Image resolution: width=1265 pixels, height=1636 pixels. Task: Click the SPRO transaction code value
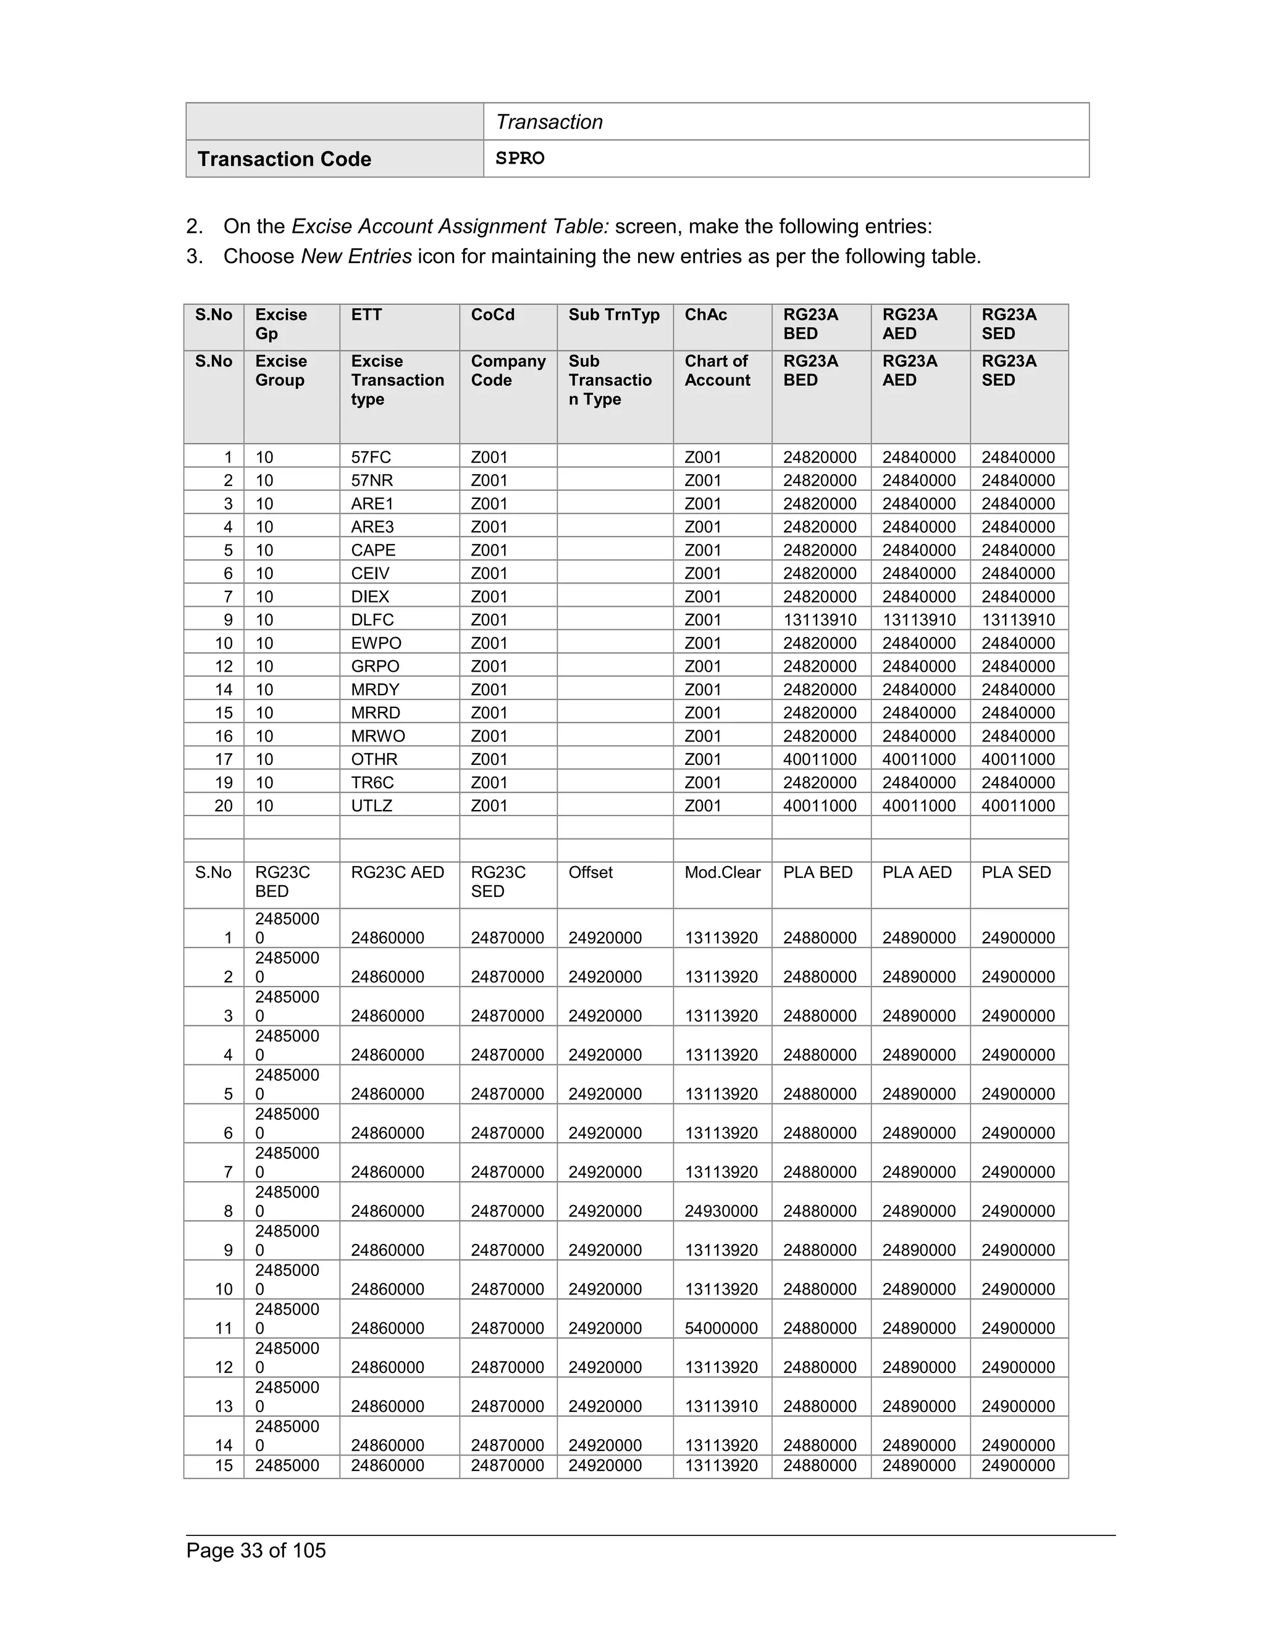(x=519, y=159)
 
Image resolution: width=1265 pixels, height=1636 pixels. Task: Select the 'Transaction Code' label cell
(x=284, y=159)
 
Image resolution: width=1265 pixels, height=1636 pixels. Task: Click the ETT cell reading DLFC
(x=372, y=619)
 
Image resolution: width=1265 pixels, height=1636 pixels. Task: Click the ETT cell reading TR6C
(x=372, y=782)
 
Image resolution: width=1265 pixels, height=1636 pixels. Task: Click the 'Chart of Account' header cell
(x=717, y=371)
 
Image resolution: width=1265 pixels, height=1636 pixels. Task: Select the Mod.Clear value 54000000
(x=721, y=1328)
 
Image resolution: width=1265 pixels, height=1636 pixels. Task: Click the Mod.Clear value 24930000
(x=721, y=1211)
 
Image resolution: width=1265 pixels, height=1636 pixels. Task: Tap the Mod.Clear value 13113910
(x=721, y=1406)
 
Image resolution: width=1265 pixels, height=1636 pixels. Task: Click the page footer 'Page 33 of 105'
(x=256, y=1550)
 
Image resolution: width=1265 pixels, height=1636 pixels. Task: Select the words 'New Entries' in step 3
(x=356, y=256)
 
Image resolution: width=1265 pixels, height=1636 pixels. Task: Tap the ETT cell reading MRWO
(x=377, y=736)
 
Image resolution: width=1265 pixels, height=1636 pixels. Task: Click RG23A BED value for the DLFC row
(x=819, y=619)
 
